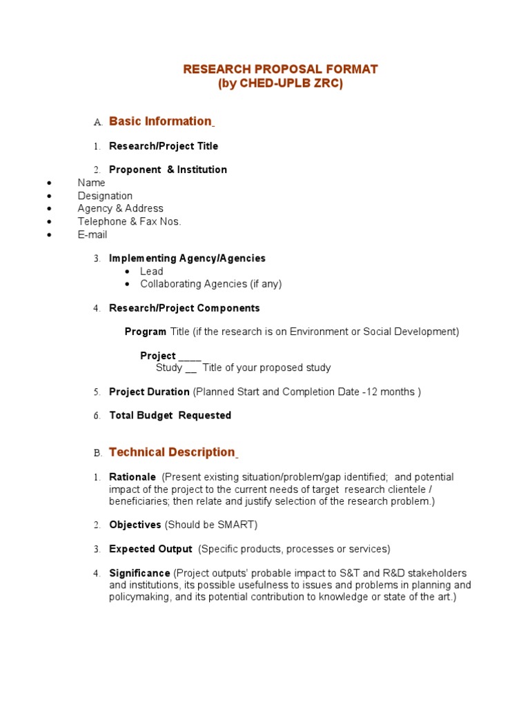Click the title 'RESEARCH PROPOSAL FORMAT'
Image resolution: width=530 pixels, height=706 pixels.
[x=280, y=70]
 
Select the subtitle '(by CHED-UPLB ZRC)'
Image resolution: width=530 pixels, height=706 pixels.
[x=280, y=84]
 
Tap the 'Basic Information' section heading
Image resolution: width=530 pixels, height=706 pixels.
[x=160, y=121]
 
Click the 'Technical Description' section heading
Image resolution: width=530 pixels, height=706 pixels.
[x=172, y=452]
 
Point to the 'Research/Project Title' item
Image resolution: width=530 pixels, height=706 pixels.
[x=164, y=146]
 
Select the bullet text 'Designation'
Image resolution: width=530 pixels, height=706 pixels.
[x=105, y=196]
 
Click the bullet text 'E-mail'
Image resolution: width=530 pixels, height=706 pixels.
[x=92, y=234]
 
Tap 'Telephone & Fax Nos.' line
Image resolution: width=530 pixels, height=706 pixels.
[x=129, y=221]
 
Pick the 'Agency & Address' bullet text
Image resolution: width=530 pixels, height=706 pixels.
[x=120, y=208]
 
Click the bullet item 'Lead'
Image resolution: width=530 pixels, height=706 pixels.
[x=152, y=271]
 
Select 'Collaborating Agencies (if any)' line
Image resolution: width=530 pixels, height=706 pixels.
[x=210, y=283]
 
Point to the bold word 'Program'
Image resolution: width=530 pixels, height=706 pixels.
[x=146, y=332]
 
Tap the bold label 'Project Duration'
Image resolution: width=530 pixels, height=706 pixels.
[x=149, y=392]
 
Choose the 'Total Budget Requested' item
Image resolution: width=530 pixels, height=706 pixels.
[x=170, y=415]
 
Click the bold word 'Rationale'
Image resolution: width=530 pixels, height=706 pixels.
[x=132, y=477]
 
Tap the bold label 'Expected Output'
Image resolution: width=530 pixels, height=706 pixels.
[x=150, y=549]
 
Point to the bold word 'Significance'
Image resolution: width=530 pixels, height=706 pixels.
[x=139, y=573]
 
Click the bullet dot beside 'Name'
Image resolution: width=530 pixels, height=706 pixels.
[x=49, y=183]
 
